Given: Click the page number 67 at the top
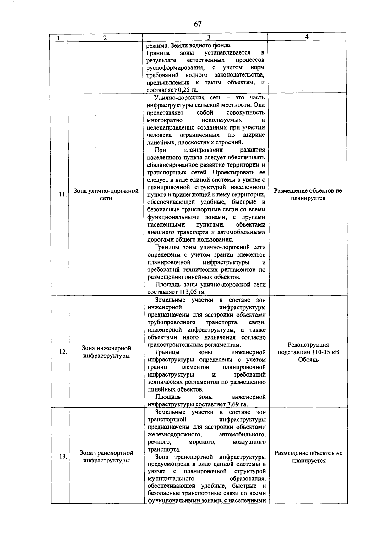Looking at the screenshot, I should tap(198, 24).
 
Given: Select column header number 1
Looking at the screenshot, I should tap(59, 38).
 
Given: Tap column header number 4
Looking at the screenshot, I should tap(307, 37).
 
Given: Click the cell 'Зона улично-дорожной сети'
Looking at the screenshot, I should tap(106, 195).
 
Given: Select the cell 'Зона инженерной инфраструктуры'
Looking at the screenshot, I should tap(106, 352).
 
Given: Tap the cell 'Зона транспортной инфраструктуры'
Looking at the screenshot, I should tap(107, 457).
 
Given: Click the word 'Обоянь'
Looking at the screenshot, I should tap(308, 360).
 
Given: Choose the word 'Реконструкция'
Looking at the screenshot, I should tap(308, 345).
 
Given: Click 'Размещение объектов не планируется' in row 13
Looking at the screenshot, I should tap(309, 457).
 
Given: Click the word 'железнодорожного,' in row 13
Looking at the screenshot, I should tap(175, 434).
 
